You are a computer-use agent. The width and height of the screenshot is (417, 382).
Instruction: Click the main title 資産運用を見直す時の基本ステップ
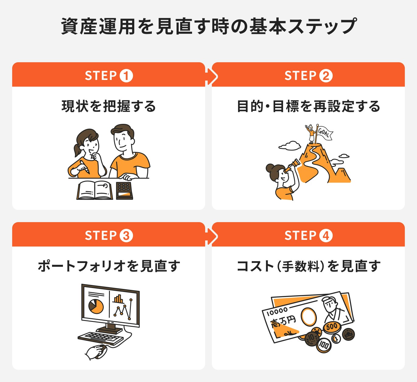pyautogui.click(x=208, y=26)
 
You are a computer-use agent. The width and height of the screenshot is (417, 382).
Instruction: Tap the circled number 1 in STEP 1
pyautogui.click(x=126, y=76)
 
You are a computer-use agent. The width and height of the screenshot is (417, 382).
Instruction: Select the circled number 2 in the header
pyautogui.click(x=326, y=76)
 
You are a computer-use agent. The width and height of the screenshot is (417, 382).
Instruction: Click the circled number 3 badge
pyautogui.click(x=126, y=236)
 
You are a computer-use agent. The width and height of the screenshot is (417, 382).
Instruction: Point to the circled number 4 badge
pyautogui.click(x=326, y=236)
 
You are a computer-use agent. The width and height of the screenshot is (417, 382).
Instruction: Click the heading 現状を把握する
pyautogui.click(x=109, y=106)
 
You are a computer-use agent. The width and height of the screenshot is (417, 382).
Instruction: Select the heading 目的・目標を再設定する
pyautogui.click(x=308, y=106)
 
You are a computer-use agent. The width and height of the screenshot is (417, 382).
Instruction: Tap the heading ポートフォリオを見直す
pyautogui.click(x=109, y=266)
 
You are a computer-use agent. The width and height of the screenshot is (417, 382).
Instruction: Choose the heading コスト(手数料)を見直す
pyautogui.click(x=308, y=266)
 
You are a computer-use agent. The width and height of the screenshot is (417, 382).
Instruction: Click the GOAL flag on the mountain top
pyautogui.click(x=324, y=133)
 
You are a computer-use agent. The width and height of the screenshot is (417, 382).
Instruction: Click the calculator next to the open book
pyautogui.click(x=124, y=191)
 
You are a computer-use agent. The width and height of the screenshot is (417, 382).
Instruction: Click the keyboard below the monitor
pyautogui.click(x=100, y=337)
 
